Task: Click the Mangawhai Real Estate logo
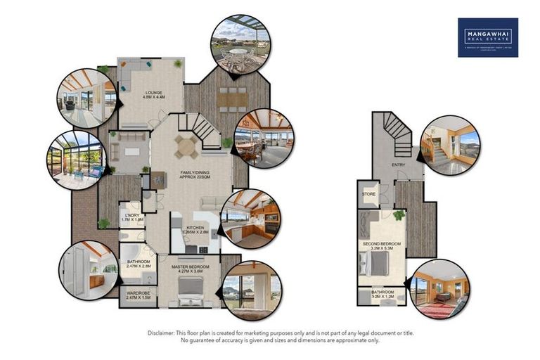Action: coord(487,37)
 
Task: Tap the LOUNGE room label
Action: coord(154,94)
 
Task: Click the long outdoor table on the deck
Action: coord(231,100)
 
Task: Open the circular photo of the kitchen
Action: coord(251,219)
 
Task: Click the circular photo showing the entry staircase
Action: coord(449,144)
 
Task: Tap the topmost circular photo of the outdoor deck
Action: coord(240,44)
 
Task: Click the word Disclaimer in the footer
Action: coord(162,333)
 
